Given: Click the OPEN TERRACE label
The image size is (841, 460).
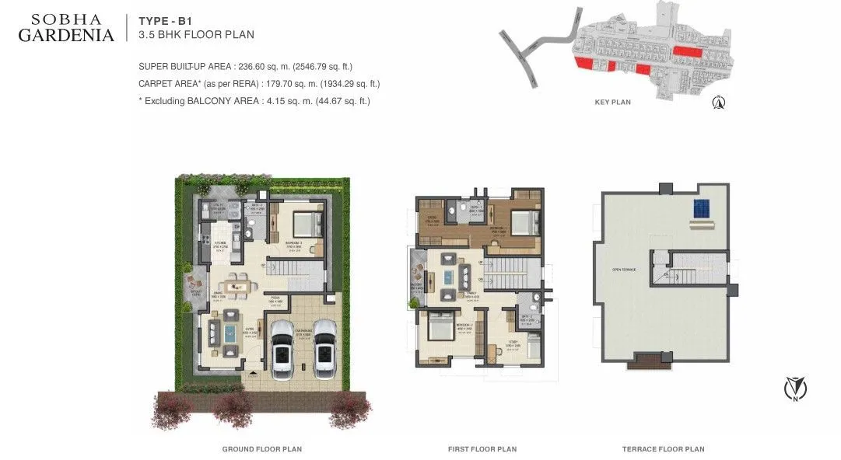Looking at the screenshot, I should coord(623,270).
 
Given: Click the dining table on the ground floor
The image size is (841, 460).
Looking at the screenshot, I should coord(237,285).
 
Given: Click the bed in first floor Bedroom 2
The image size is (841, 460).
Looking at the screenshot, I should coord(438,327).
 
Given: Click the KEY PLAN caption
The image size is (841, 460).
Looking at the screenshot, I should coord(613,102).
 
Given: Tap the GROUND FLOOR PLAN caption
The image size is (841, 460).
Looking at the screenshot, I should coord(262,449).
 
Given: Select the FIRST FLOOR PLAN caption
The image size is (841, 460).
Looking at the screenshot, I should coord(482,449).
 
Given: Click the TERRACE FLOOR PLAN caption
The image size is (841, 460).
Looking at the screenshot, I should coord(663,449).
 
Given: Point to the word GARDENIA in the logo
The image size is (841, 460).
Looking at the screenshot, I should coord(66,35).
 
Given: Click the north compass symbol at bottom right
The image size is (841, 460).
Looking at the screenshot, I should coord(794,387).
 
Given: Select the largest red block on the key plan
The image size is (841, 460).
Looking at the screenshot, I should coord(688,51).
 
